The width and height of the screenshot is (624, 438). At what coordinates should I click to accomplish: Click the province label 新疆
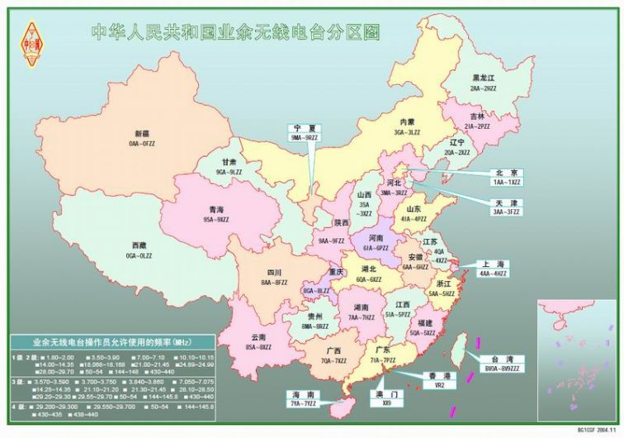pyautogui.click(x=141, y=133)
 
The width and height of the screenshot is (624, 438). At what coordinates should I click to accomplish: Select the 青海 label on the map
pyautogui.click(x=215, y=210)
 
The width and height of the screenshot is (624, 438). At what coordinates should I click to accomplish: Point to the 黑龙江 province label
pyautogui.click(x=484, y=77)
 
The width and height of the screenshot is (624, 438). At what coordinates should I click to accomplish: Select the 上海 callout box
pyautogui.click(x=494, y=269)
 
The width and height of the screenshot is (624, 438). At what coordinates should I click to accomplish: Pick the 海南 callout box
pyautogui.click(x=304, y=399)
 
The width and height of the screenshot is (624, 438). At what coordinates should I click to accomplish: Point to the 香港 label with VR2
pyautogui.click(x=439, y=380)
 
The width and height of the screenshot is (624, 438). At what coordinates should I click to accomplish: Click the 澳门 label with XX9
pyautogui.click(x=386, y=399)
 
